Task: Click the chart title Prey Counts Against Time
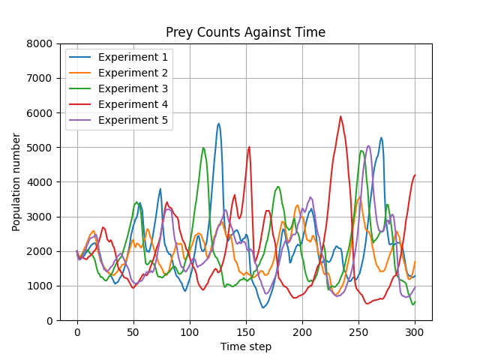[245, 32]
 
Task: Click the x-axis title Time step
[245, 346]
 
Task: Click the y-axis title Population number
[16, 182]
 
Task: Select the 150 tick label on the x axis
[246, 331]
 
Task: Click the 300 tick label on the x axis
[415, 331]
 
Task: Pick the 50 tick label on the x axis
[133, 331]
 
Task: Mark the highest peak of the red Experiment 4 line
[340, 116]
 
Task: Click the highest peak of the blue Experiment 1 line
[219, 124]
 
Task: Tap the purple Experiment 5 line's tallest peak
[368, 145]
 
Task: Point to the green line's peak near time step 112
[203, 148]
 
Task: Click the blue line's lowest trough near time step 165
[263, 307]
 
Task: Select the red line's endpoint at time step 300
[415, 175]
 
